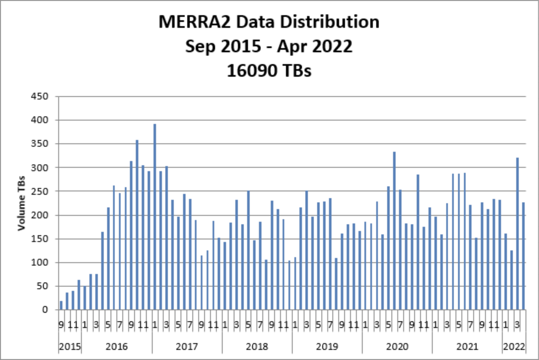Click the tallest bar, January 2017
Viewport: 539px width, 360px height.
pos(155,217)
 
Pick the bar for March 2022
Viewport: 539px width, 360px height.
pos(517,234)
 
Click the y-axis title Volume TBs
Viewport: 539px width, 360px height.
pos(21,203)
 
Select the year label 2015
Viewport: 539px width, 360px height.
pos(70,347)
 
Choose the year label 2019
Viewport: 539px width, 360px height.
pos(327,347)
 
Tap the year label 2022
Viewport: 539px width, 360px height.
pos(514,347)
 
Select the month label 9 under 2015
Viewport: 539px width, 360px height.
pos(61,325)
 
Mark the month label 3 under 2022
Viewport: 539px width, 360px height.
pos(517,325)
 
